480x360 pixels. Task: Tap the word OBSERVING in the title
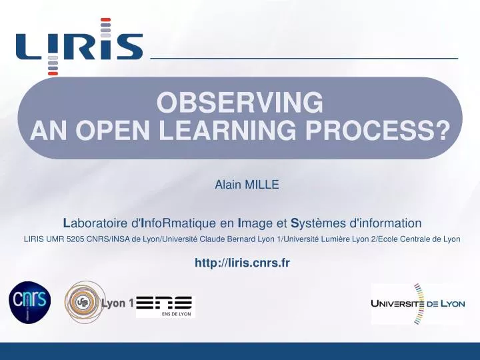click(x=240, y=103)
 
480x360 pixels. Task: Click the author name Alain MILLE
click(x=246, y=185)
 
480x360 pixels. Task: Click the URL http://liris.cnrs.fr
click(x=242, y=263)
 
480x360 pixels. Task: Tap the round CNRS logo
click(x=29, y=303)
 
